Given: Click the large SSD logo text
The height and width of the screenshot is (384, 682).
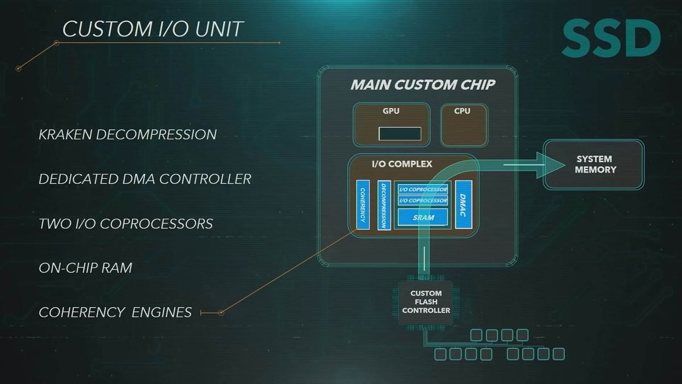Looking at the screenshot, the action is pos(612,38).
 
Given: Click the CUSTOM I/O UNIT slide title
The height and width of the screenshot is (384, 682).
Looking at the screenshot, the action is pos(152,29).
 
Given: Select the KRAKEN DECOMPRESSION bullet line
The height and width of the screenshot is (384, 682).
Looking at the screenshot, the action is pos(127,135).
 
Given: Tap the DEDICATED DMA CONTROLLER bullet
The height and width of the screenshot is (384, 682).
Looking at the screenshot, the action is pos(145,179).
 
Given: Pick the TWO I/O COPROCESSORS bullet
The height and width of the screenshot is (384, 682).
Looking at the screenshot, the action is pos(126,224).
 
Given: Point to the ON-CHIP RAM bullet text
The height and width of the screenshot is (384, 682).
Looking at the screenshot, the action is pos(85,268).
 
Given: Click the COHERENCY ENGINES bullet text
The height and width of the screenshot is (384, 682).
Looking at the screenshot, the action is pos(115,312).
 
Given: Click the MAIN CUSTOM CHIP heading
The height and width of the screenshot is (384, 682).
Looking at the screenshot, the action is pos(423,84).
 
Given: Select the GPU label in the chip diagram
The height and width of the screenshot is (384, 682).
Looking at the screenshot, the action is pos(391,111).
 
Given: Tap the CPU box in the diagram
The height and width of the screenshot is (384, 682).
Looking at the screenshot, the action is pos(464,125).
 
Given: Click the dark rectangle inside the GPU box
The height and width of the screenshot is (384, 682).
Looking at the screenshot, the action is pos(400,134).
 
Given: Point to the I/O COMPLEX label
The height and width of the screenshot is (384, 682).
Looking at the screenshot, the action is pos(402,164).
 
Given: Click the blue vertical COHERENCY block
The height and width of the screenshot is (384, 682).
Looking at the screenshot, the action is pos(363,205).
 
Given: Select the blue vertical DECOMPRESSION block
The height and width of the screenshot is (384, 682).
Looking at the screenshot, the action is pos(384,205).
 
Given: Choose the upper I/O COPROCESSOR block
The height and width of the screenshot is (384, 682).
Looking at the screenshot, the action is pos(423,189).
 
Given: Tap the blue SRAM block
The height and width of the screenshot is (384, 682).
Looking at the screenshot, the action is pos(423,217).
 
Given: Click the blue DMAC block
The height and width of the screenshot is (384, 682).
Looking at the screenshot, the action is pos(463,204).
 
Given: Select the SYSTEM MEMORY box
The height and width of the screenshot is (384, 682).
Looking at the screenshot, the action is pos(594,164).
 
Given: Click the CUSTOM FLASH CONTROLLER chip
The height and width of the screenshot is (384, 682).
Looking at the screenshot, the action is pos(426,302).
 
